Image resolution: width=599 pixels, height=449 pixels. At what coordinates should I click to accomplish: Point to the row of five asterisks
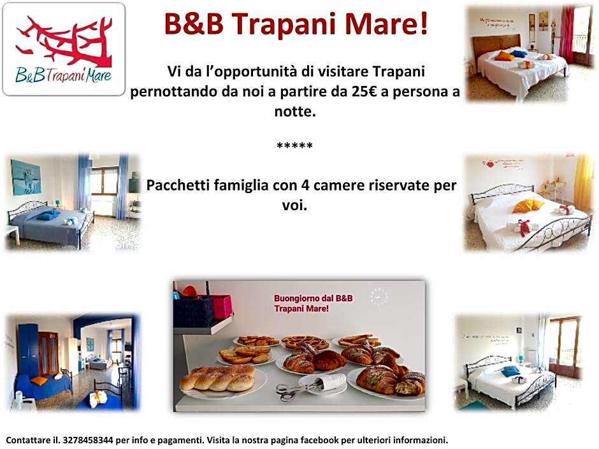[294, 146]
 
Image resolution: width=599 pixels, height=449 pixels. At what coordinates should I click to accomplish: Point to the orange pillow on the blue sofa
[40, 381]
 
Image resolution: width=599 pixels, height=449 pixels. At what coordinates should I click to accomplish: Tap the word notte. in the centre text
[294, 111]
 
